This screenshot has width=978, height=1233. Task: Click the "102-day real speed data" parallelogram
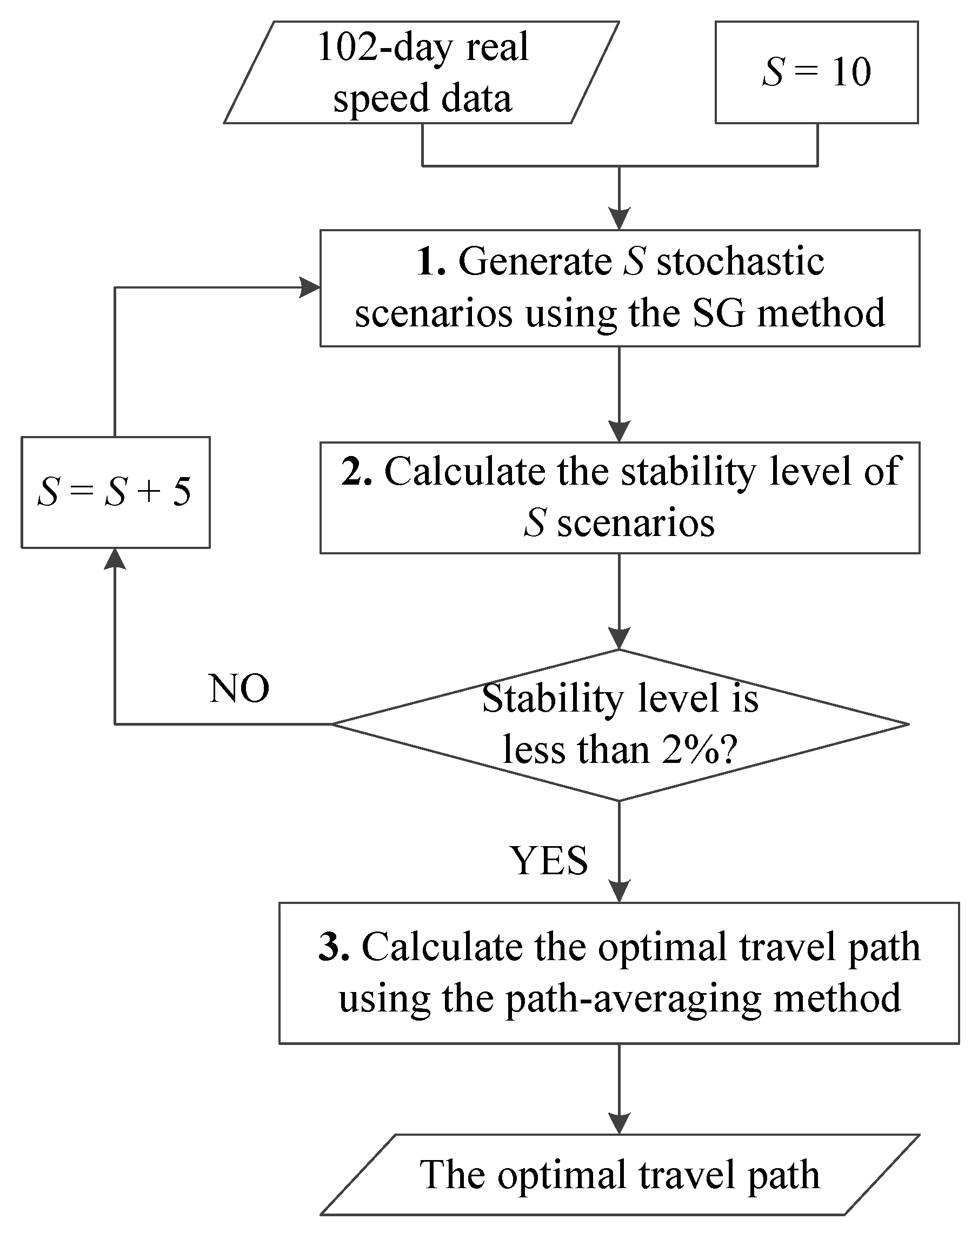click(421, 72)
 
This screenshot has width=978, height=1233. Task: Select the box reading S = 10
click(816, 72)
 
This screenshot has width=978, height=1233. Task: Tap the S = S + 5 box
click(115, 492)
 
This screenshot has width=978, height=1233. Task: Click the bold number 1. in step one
click(430, 263)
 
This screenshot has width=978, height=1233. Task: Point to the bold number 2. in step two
click(356, 472)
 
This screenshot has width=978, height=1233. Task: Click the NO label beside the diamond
click(238, 688)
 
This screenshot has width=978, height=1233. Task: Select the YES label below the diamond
click(548, 861)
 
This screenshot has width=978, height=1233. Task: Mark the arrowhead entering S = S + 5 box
click(115, 559)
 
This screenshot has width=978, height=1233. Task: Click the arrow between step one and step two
click(619, 394)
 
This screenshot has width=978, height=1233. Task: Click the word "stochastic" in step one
click(740, 262)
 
